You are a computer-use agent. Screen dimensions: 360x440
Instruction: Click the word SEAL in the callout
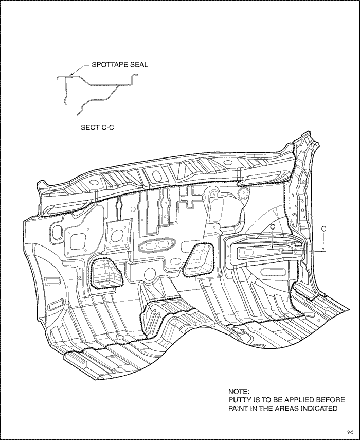(139, 65)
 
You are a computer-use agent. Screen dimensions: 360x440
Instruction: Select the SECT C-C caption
(98, 127)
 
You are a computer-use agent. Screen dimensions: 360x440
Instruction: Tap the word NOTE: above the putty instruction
(239, 391)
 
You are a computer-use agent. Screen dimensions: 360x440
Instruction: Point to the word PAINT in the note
(239, 408)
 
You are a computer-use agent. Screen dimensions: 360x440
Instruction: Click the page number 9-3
(350, 432)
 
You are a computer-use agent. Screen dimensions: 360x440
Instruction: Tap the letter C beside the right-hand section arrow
(324, 228)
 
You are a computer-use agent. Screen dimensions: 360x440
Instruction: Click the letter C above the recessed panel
(273, 227)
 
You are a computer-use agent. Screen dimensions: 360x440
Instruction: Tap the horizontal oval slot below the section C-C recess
(274, 271)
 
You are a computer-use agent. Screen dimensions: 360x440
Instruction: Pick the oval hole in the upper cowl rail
(156, 175)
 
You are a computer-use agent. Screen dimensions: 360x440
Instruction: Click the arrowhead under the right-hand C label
(323, 249)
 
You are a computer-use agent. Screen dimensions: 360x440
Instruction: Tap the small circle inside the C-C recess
(282, 250)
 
